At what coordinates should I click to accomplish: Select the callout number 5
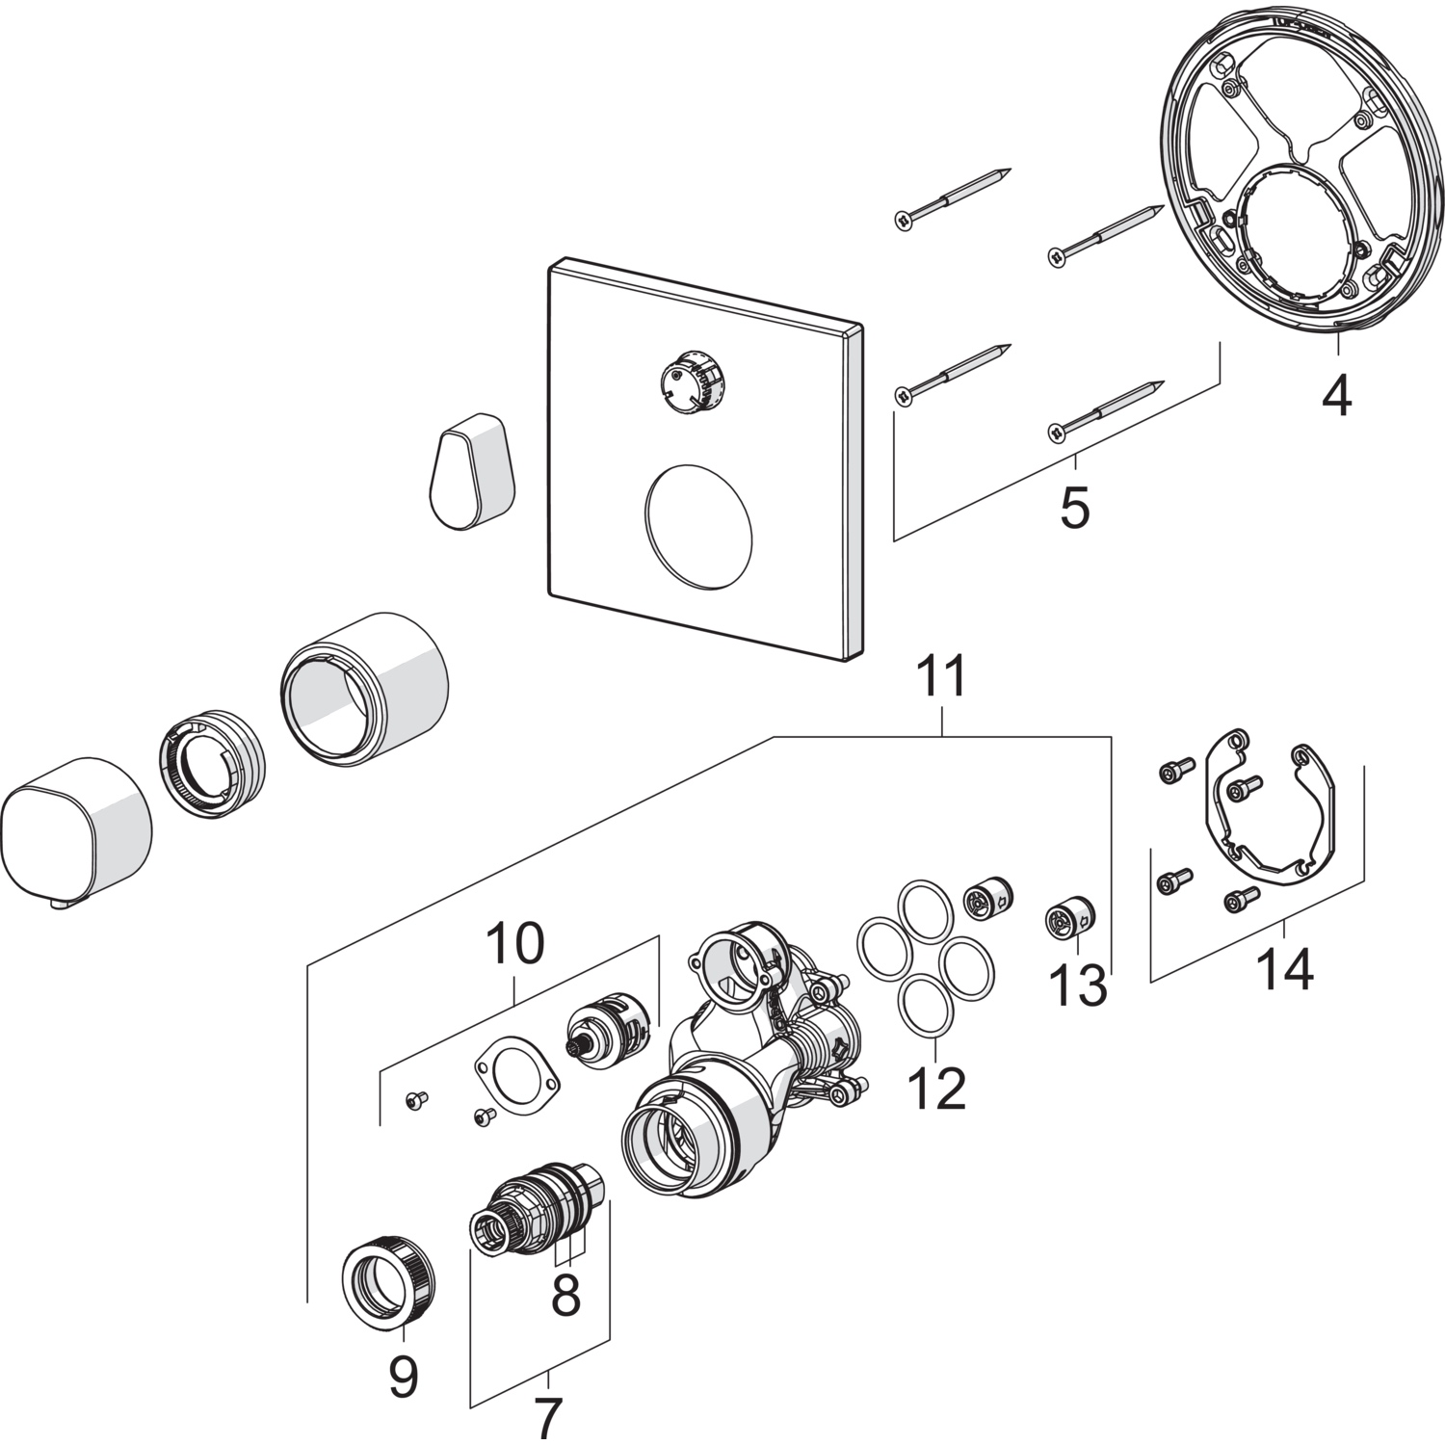(1074, 507)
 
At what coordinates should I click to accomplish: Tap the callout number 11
(941, 678)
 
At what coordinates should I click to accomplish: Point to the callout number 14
(1285, 969)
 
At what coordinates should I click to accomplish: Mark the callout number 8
(565, 1296)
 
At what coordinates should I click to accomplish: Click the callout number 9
(404, 1378)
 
